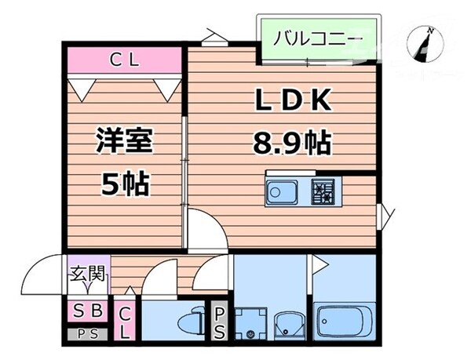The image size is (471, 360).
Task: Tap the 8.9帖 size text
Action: (290, 143)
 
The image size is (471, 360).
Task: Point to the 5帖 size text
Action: (124, 185)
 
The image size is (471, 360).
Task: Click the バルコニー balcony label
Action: (318, 37)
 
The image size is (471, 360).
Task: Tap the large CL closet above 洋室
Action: (123, 59)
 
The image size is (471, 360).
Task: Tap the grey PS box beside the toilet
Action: (221, 322)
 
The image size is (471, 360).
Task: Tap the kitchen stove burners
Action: (323, 191)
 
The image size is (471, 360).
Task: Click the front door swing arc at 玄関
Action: (43, 275)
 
